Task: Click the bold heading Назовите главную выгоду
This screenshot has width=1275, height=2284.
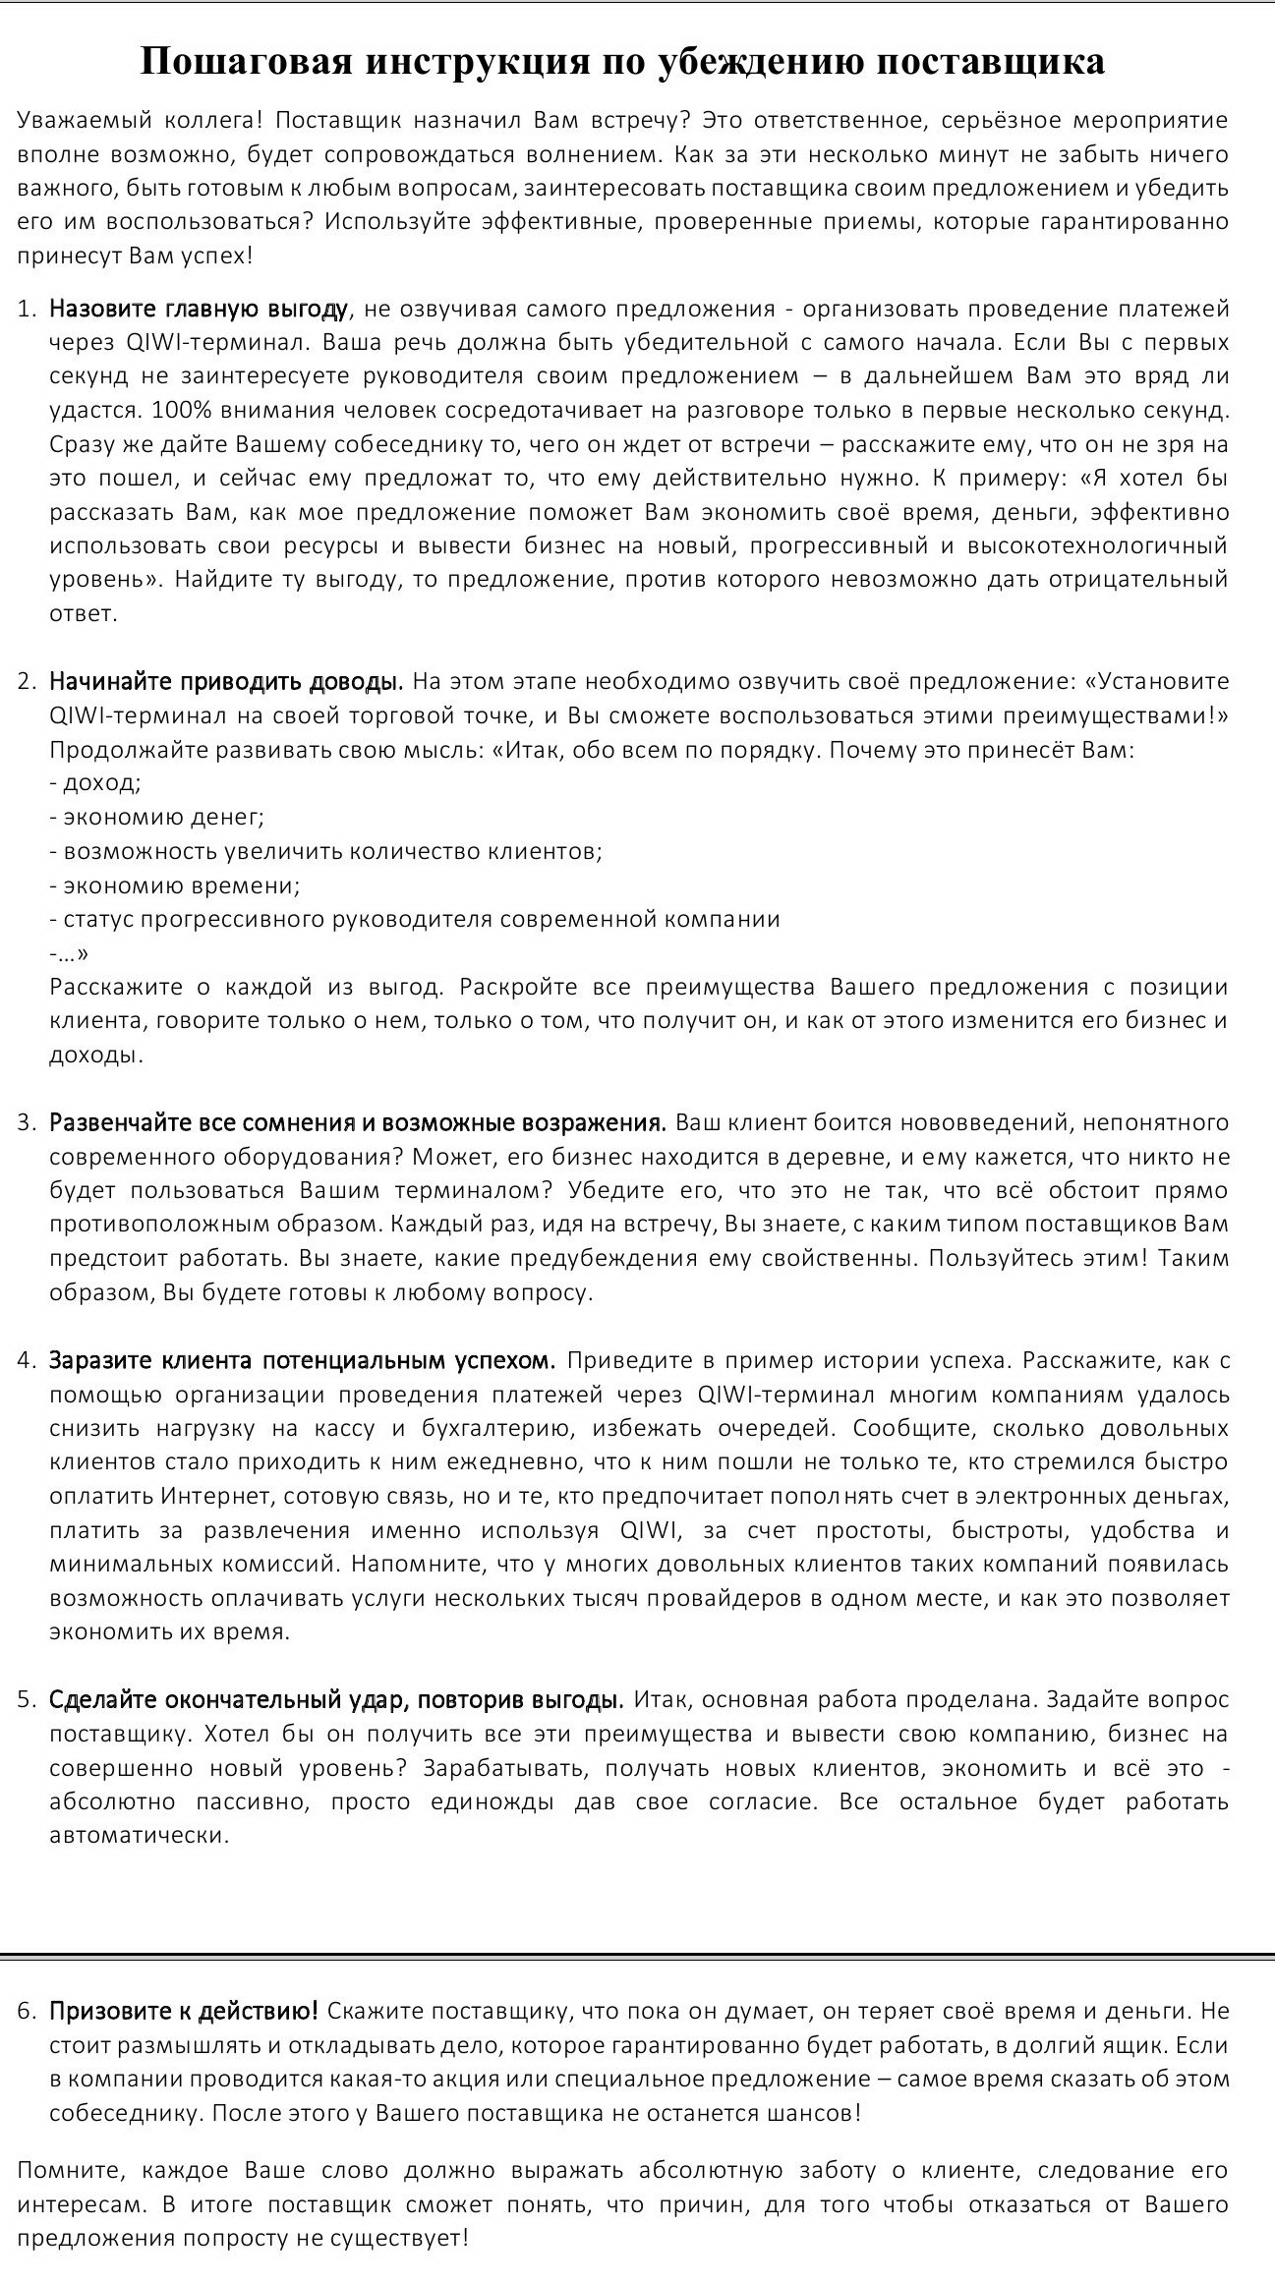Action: click(199, 310)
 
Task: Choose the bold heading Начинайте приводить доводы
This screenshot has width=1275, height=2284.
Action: click(226, 682)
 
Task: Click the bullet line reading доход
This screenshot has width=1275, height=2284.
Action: click(95, 783)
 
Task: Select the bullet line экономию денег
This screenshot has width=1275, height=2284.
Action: click(156, 818)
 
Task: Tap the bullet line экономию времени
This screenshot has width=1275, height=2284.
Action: click(175, 885)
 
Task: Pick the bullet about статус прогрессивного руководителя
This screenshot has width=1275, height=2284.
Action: click(415, 920)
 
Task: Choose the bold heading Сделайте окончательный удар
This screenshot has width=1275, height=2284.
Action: click(336, 1700)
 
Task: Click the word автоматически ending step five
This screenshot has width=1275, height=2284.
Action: click(139, 1836)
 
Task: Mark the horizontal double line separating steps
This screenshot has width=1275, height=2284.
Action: click(637, 1956)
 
